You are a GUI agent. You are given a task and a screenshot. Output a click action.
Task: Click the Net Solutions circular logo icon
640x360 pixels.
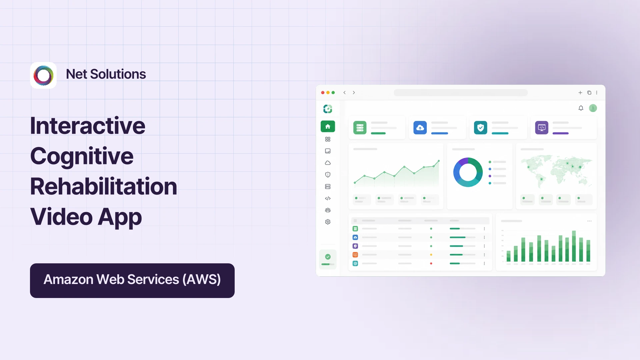(43, 75)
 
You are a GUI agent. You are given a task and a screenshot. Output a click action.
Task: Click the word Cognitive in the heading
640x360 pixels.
(82, 156)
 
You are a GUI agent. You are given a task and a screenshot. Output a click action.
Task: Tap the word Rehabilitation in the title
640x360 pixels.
(103, 186)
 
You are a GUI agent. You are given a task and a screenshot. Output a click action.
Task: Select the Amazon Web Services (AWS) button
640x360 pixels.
(132, 280)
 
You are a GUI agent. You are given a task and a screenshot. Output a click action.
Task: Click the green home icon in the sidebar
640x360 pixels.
(328, 126)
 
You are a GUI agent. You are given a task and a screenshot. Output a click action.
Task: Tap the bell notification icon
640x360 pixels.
(581, 108)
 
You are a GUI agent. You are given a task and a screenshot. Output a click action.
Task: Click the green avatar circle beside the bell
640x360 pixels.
(593, 108)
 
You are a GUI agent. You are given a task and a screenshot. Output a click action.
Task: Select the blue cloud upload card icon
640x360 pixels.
(420, 128)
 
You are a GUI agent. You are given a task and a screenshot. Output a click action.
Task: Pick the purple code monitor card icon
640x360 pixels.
(542, 128)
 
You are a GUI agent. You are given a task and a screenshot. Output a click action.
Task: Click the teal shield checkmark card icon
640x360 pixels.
(480, 128)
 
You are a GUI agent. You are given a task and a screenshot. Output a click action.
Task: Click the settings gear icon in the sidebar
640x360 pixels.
(328, 222)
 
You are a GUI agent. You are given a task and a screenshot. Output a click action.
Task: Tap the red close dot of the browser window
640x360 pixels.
(323, 93)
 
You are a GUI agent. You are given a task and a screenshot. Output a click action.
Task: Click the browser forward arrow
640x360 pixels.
(354, 93)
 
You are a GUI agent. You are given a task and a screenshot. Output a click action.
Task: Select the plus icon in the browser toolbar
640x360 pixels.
(580, 93)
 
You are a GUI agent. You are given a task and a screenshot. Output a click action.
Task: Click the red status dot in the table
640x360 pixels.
(431, 263)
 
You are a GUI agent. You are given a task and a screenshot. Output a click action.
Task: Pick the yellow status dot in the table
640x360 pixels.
(431, 255)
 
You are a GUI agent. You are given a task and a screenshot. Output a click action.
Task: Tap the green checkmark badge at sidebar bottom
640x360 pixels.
(328, 257)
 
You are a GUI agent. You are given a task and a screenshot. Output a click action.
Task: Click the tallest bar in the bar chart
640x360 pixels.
(574, 246)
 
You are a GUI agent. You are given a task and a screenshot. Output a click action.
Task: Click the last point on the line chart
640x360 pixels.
(439, 161)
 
